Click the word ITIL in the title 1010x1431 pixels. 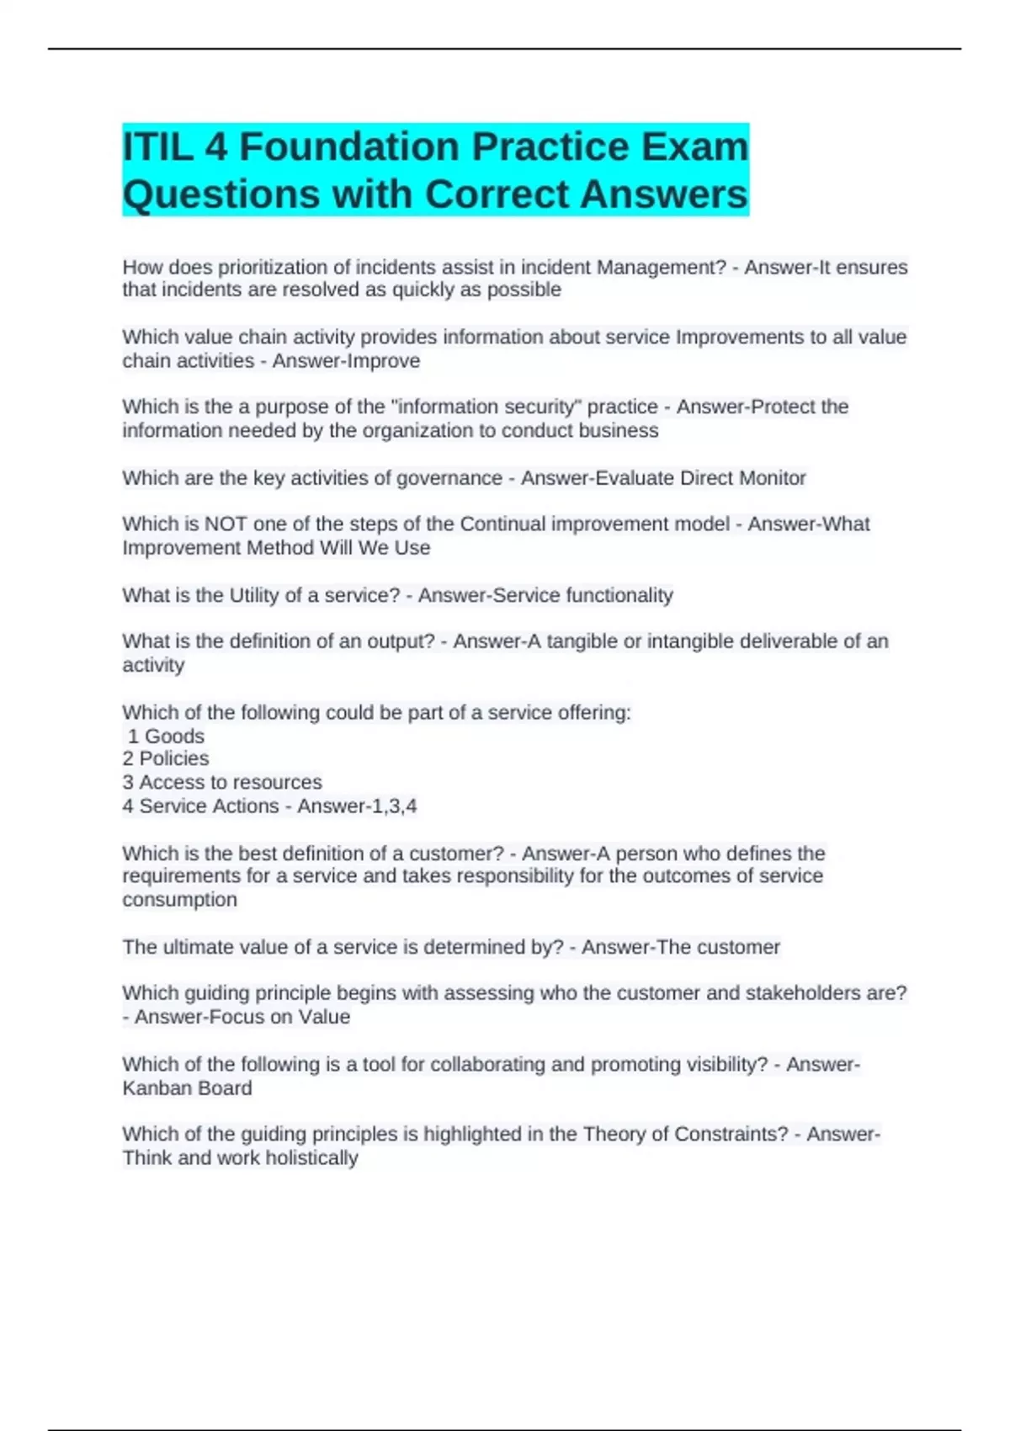(x=156, y=147)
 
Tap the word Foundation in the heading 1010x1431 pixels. (x=348, y=147)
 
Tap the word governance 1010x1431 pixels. (x=449, y=478)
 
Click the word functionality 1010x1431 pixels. (x=619, y=596)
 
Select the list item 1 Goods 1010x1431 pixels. (x=166, y=737)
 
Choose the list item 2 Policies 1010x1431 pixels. (x=166, y=759)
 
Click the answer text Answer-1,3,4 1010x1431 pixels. (x=357, y=806)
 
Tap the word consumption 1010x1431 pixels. (x=179, y=900)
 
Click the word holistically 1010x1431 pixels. (x=311, y=1158)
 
